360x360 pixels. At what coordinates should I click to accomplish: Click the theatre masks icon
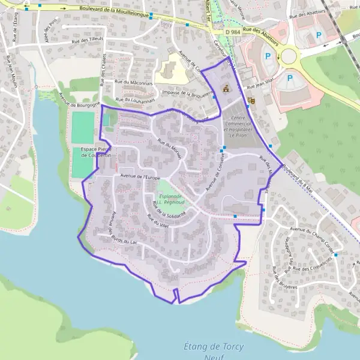(251, 100)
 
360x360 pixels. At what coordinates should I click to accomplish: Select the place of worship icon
(226, 88)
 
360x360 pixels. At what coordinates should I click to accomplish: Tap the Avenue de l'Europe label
(140, 176)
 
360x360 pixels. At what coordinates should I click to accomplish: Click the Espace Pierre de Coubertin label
(96, 152)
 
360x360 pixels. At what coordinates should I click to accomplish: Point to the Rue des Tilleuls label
(88, 40)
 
